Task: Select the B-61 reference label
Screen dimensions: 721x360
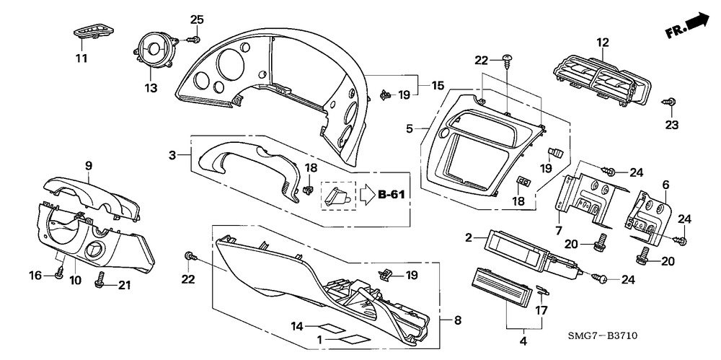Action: [x=392, y=195]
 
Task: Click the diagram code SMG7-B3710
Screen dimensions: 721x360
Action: [x=602, y=335]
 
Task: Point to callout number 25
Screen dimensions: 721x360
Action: [x=197, y=19]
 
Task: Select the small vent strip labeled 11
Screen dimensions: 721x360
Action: [x=93, y=32]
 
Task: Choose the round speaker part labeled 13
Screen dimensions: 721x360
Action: [x=156, y=49]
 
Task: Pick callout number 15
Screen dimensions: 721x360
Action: [x=438, y=85]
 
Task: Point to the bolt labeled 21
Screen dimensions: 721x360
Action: [x=99, y=280]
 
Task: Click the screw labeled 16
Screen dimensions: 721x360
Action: [x=59, y=274]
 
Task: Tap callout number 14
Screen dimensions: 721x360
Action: [x=298, y=326]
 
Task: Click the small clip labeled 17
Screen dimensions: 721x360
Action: [x=543, y=290]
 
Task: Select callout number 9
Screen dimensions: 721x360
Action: [x=89, y=165]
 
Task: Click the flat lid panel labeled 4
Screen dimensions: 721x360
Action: [x=500, y=289]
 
